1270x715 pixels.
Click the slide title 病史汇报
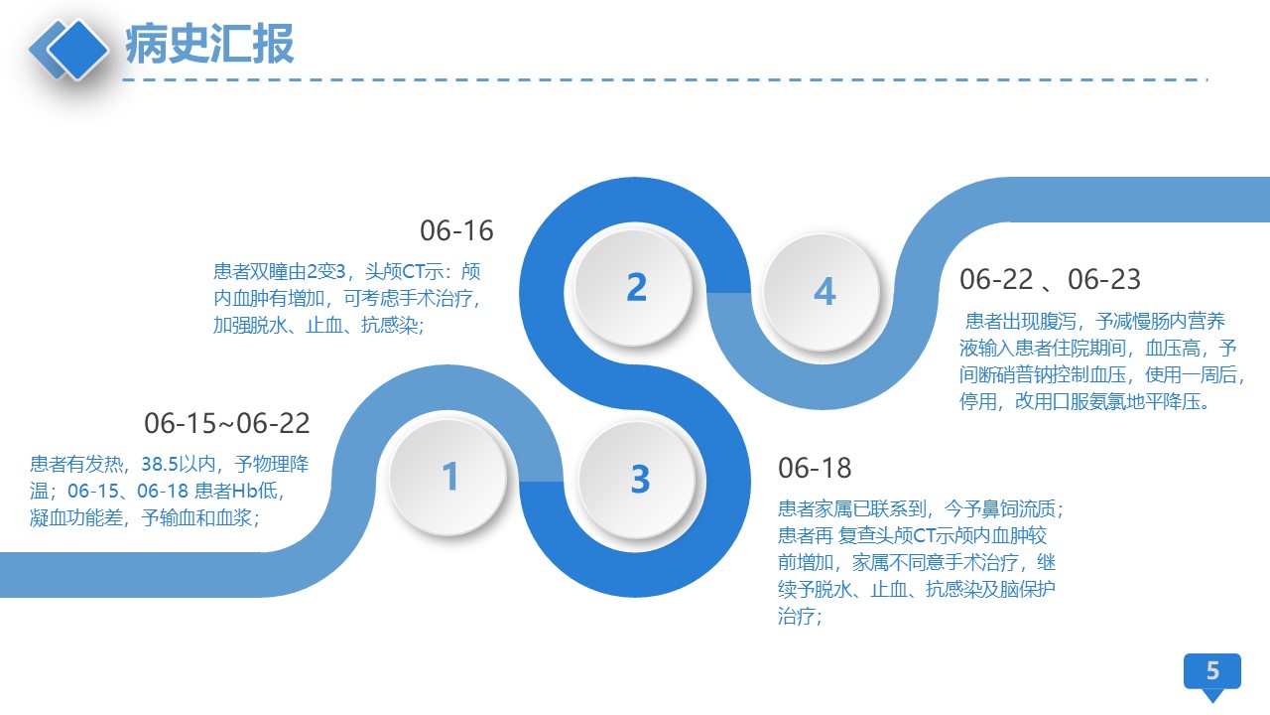tap(209, 44)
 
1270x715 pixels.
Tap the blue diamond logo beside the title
tap(69, 50)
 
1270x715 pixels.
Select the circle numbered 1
tap(448, 476)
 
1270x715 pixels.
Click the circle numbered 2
tap(635, 287)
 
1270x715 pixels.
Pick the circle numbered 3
tap(639, 480)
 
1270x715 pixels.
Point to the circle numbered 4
tap(824, 292)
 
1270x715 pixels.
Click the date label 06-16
tap(456, 231)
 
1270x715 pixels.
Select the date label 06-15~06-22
tap(227, 423)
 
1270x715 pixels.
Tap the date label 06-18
tap(815, 468)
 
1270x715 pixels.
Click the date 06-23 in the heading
tap(1104, 279)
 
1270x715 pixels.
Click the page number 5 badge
tap(1212, 673)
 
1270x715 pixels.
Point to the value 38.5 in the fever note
tap(160, 464)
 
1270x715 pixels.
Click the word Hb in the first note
tap(245, 491)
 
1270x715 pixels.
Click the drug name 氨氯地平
tap(1125, 402)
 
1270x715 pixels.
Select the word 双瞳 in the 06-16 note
tap(269, 272)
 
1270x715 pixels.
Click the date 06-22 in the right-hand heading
tap(996, 279)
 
